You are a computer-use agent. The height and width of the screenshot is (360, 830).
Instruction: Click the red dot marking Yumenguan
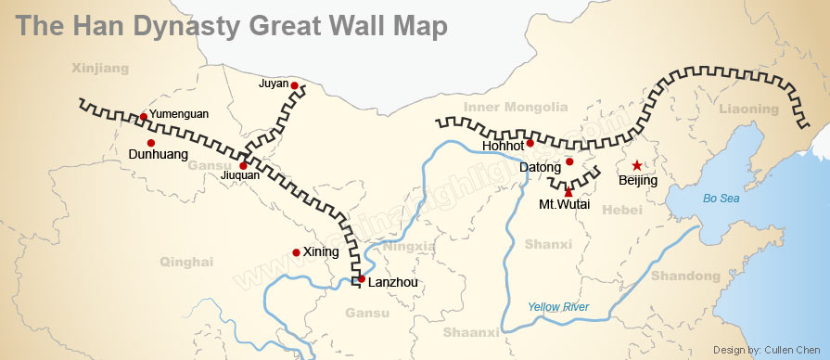click(143, 116)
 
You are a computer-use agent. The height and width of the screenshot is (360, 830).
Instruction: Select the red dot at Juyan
click(294, 85)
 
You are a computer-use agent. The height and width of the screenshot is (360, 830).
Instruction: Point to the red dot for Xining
click(296, 251)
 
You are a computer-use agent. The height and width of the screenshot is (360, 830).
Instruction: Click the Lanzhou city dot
click(361, 278)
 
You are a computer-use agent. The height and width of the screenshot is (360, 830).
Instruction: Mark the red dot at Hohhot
click(530, 143)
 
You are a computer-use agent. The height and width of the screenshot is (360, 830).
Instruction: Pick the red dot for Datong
click(569, 161)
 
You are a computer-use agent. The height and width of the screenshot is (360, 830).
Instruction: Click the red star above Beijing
click(637, 165)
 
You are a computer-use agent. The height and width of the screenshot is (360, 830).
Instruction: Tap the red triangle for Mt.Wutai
click(568, 192)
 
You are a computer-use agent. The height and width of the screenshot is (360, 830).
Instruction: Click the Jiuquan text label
click(240, 175)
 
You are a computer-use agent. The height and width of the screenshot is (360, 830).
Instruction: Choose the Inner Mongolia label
click(516, 108)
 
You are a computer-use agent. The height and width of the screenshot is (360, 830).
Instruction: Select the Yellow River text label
click(558, 307)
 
